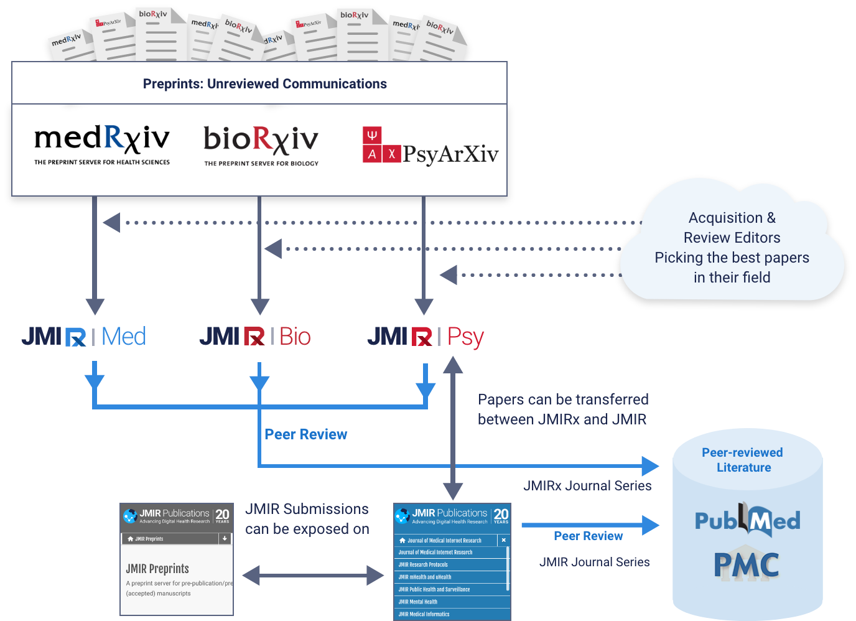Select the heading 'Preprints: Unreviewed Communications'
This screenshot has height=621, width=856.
coord(264,84)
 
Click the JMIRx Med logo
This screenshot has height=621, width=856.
coord(85,337)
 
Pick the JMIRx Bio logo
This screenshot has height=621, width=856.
coord(255,337)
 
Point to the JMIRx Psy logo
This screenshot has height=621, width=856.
coord(426,337)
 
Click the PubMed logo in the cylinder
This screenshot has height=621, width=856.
coord(747,520)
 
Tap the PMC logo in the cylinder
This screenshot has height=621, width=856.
coord(747,565)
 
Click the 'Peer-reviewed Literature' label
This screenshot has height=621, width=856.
coord(743,460)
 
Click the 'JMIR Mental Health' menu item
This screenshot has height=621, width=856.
coord(418,602)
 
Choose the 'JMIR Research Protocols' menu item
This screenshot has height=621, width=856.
coord(423,565)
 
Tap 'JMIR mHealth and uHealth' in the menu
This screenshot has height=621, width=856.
coord(425,577)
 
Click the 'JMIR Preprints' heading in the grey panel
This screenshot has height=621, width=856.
coord(157,569)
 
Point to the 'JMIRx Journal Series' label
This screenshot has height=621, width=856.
coord(587,485)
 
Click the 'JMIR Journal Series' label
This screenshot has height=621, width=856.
coord(594,562)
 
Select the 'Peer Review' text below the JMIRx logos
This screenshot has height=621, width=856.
coord(305,434)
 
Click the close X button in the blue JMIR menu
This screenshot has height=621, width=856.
coord(504,540)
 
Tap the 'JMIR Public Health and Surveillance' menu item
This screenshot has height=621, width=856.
coord(434,589)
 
